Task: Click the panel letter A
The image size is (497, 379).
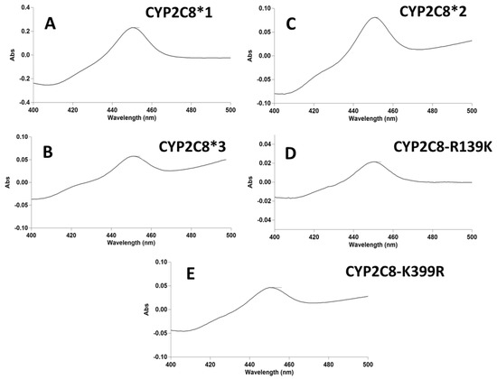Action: tap(53, 27)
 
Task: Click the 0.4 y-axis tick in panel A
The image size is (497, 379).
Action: tap(23, 7)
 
